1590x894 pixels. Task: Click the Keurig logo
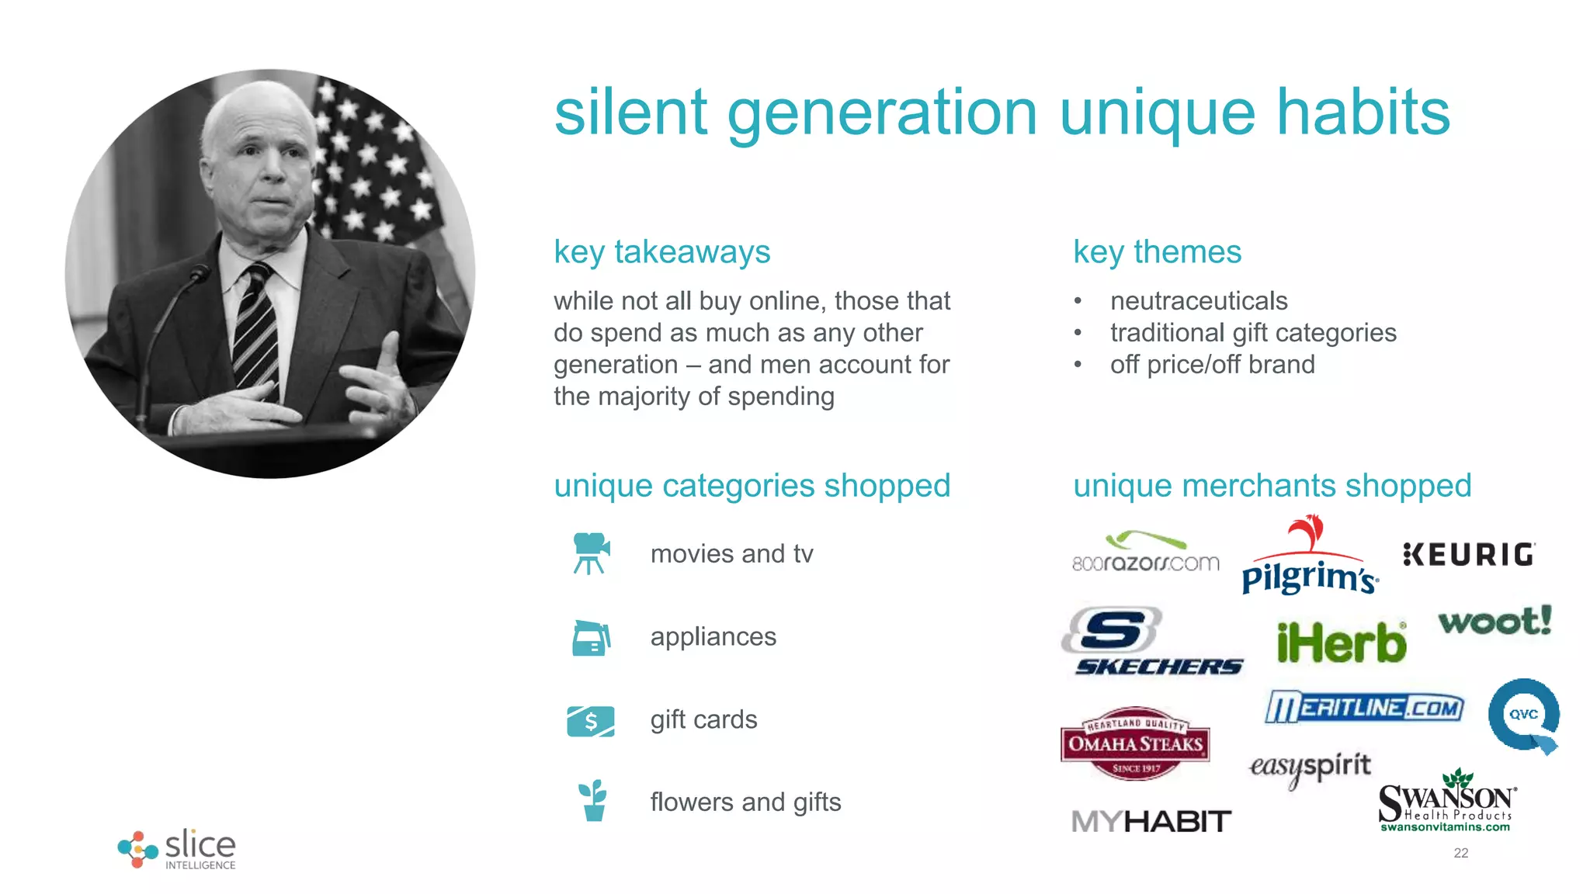click(x=1469, y=554)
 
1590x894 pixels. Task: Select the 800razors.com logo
click(x=1146, y=553)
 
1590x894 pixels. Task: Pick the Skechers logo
click(x=1152, y=642)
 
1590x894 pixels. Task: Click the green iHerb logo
click(x=1342, y=643)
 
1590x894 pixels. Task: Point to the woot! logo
click(x=1495, y=621)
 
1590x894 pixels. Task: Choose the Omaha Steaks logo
click(x=1135, y=743)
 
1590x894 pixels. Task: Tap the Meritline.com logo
click(x=1364, y=707)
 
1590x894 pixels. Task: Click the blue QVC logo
click(x=1524, y=716)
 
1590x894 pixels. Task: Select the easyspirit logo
click(x=1310, y=768)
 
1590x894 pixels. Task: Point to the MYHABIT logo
click(x=1151, y=821)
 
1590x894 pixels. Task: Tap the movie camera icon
click(x=592, y=553)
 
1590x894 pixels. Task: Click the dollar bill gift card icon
click(x=591, y=721)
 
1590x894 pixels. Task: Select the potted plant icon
click(x=593, y=801)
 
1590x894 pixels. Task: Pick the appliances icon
click(x=592, y=638)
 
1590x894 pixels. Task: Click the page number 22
click(x=1460, y=853)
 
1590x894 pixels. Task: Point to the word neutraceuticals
click(x=1199, y=300)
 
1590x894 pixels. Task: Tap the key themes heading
click(x=1157, y=252)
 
